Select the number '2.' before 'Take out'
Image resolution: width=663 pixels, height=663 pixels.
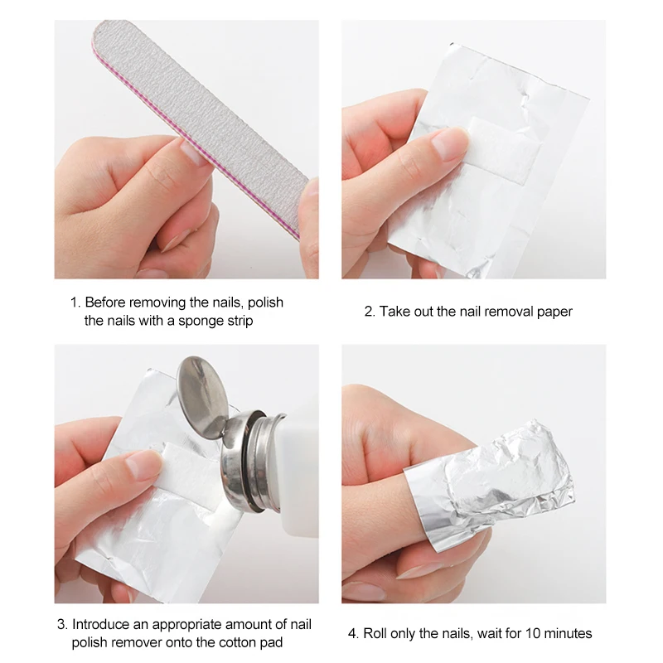(x=370, y=312)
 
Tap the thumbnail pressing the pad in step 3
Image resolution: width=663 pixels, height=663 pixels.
(x=143, y=465)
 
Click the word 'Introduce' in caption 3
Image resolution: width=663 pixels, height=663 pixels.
(x=100, y=624)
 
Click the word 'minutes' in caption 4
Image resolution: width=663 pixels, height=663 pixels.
(x=565, y=633)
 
